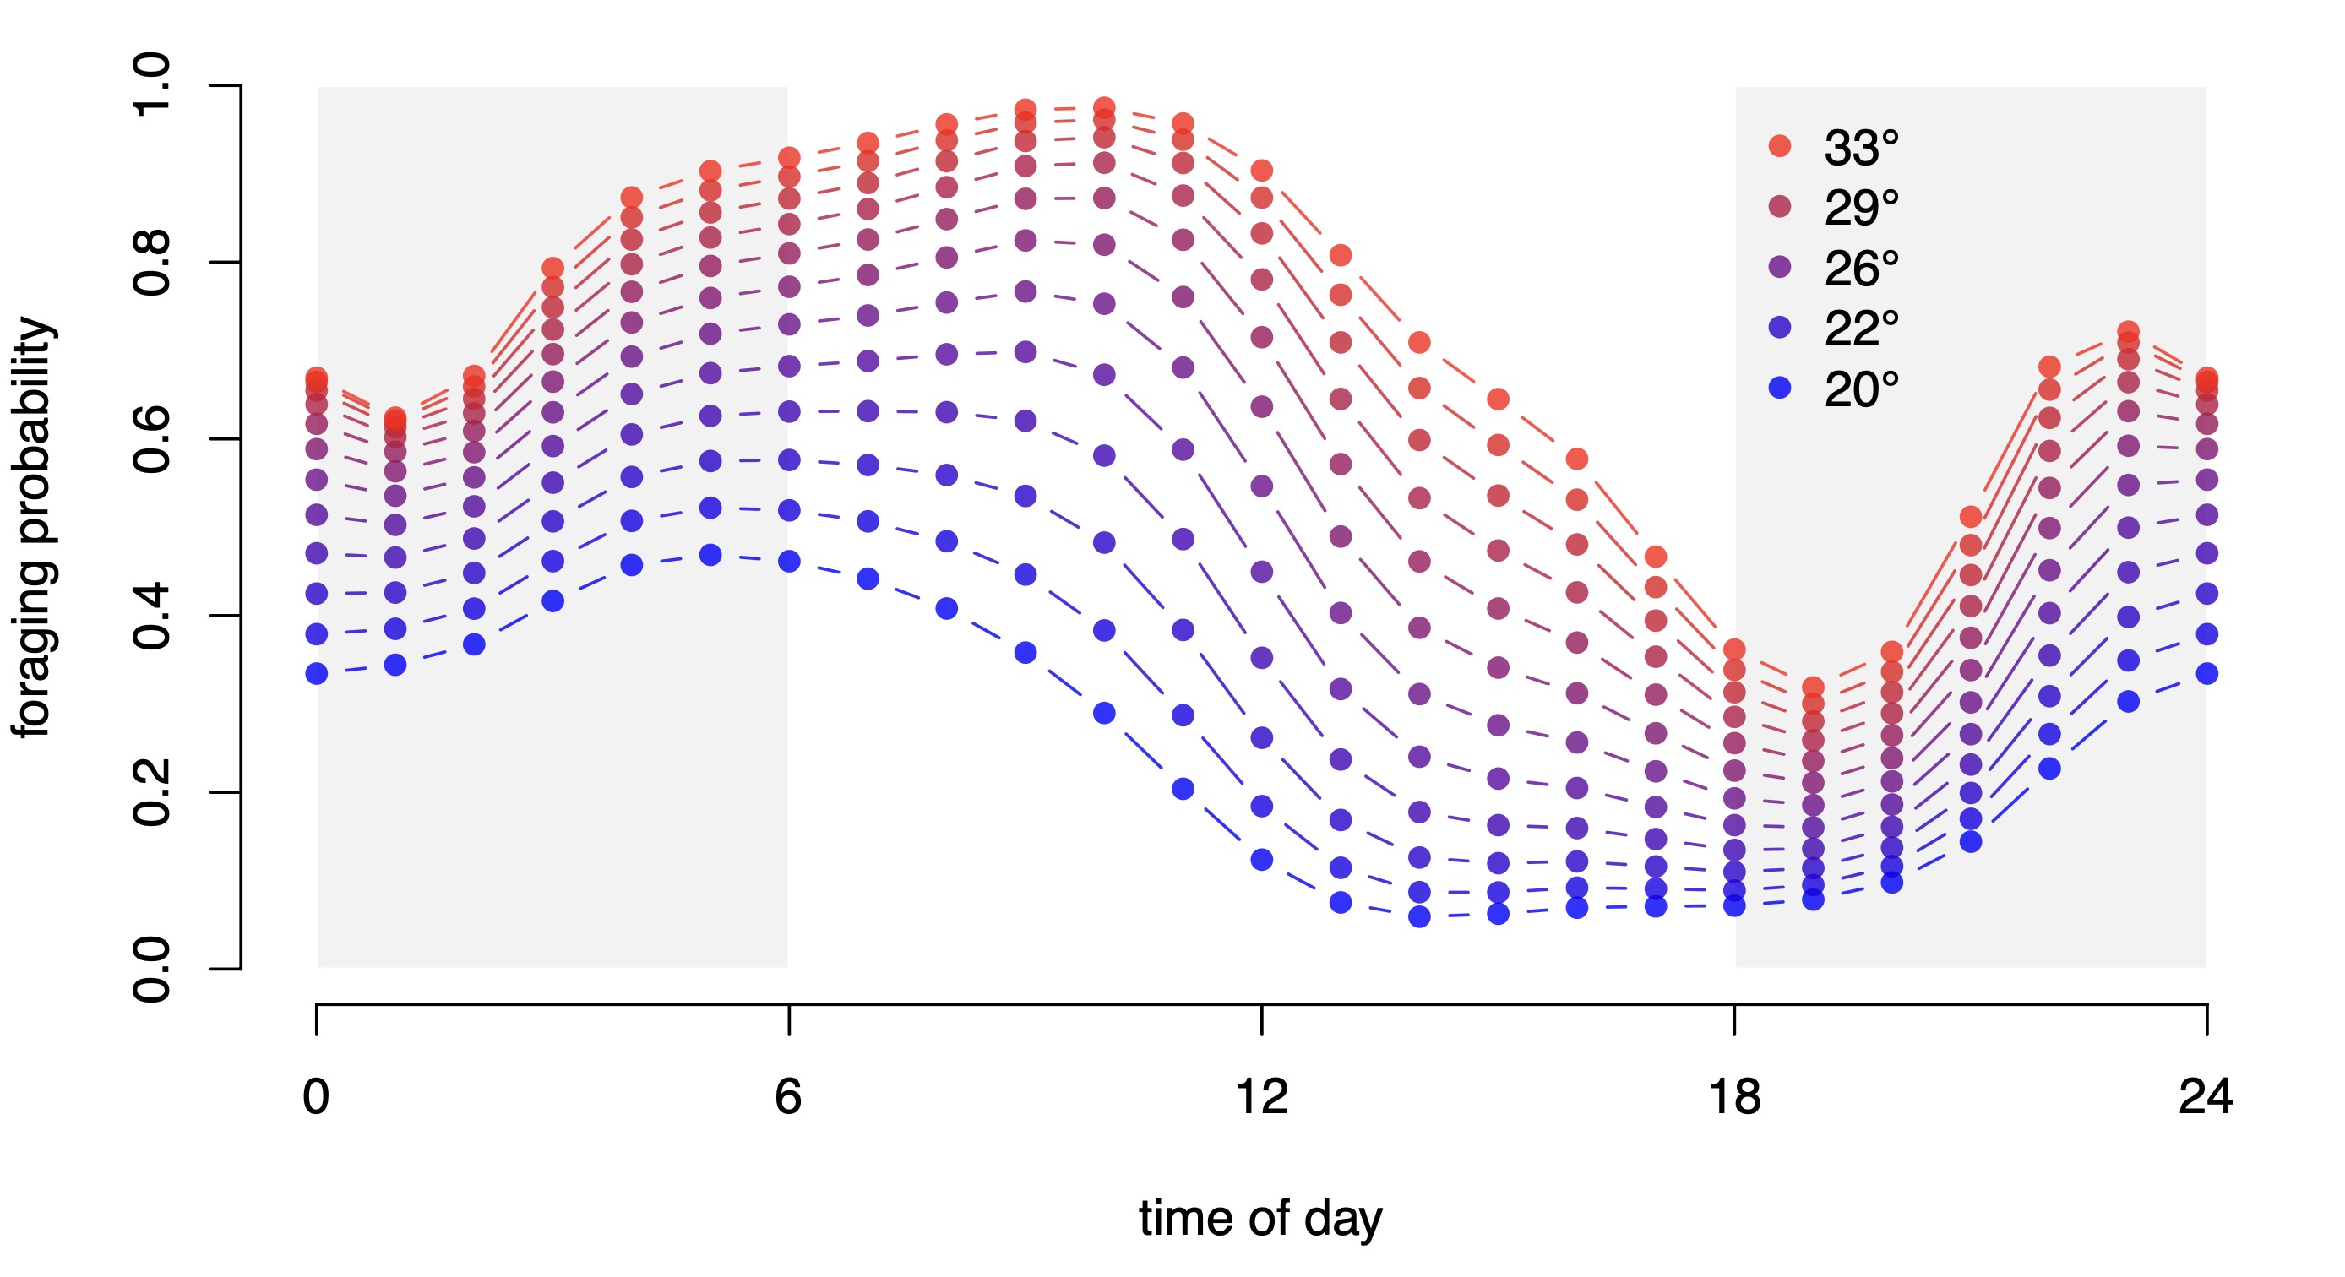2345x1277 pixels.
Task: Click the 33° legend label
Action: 1861,148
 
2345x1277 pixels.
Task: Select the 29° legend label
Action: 1861,209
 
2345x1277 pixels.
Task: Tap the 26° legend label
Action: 1861,269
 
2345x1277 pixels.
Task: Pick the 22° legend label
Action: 1861,329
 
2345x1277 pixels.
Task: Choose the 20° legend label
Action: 1861,389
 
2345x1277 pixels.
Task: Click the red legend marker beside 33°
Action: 1780,145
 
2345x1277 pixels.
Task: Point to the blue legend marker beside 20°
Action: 1780,388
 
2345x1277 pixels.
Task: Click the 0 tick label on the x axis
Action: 316,1096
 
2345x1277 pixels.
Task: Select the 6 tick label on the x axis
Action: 788,1096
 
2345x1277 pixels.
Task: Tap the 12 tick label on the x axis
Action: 1262,1096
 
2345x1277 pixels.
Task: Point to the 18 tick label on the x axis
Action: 1734,1096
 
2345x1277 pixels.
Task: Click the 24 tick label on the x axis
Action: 2206,1096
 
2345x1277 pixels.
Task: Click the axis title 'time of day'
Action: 1261,1219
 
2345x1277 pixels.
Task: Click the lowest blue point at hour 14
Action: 1419,916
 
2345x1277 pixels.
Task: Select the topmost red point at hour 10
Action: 1104,107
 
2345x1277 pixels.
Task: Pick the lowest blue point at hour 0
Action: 317,673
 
